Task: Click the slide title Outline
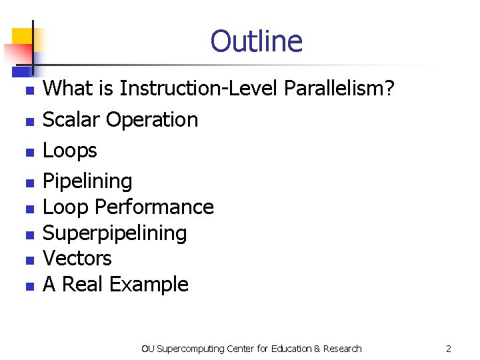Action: click(256, 41)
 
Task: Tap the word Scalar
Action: click(71, 120)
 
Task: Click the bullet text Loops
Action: click(69, 151)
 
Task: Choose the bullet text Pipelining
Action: click(87, 181)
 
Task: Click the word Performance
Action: click(154, 207)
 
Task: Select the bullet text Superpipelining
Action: click(115, 233)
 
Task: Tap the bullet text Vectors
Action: click(77, 259)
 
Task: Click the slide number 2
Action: click(449, 349)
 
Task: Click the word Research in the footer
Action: click(343, 349)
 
